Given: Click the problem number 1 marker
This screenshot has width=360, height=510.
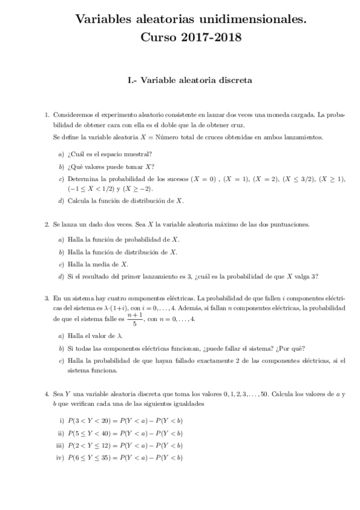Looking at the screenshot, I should point(47,114).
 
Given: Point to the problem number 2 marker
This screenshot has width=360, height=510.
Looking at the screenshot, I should point(47,224).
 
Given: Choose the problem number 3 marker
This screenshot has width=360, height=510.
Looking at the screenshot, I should point(47,298).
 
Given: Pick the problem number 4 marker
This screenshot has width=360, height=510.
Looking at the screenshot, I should point(47,394).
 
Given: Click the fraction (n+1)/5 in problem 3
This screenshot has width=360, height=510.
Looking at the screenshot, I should point(134,319).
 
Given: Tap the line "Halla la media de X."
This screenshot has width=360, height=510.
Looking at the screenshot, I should point(97,264).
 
